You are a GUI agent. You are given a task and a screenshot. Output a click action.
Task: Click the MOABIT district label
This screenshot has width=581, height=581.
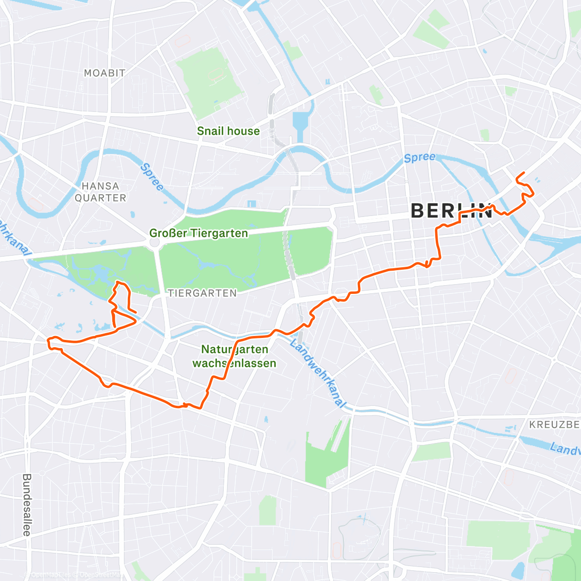(x=105, y=73)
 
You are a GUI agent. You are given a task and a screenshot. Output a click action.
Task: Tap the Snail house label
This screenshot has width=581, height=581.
(x=228, y=131)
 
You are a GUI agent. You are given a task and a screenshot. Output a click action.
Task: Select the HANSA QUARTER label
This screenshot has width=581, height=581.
(x=100, y=192)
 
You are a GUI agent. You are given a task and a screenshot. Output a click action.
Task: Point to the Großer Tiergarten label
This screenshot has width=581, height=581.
(x=199, y=233)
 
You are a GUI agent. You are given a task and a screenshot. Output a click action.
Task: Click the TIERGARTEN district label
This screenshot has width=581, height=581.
(x=202, y=293)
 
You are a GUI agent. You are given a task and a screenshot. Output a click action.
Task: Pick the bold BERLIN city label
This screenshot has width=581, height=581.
(x=451, y=211)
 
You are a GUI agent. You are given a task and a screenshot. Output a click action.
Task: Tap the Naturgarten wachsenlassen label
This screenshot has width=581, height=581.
(x=234, y=356)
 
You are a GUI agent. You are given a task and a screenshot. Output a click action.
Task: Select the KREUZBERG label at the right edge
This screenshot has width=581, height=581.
(x=554, y=425)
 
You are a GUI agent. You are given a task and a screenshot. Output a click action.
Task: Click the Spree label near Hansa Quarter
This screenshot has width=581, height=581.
(x=152, y=177)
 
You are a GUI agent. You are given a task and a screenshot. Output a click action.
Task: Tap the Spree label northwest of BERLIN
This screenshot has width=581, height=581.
(x=419, y=157)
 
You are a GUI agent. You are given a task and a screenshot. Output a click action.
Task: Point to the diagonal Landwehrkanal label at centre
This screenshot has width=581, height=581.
(x=318, y=373)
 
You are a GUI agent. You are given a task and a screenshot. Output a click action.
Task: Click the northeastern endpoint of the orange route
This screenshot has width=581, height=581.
(x=524, y=173)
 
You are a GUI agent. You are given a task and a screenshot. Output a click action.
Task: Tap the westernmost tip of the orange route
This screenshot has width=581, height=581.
(x=47, y=342)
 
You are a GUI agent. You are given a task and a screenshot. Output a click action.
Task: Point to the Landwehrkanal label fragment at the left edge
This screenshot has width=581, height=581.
(x=12, y=238)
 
